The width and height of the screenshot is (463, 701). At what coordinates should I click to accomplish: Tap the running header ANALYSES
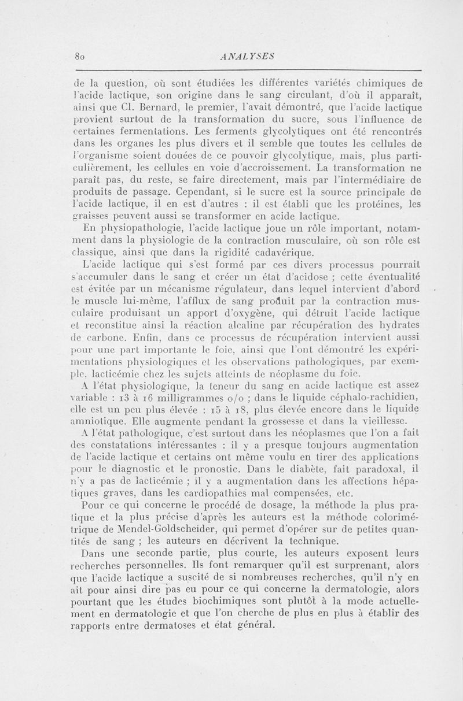pyautogui.click(x=248, y=56)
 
